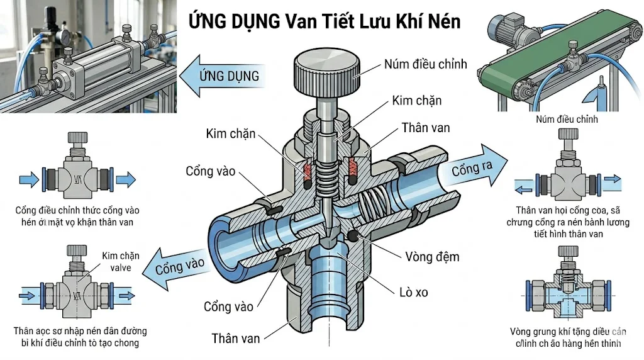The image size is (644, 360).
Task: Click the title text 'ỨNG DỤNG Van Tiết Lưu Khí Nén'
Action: point(325,22)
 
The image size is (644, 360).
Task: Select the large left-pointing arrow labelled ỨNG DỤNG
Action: point(220,76)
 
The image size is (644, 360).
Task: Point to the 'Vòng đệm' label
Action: point(433,256)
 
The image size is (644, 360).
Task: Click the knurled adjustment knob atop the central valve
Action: point(326,74)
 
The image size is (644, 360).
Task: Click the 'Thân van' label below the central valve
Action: point(235,338)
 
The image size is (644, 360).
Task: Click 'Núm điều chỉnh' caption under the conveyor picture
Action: point(567,119)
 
